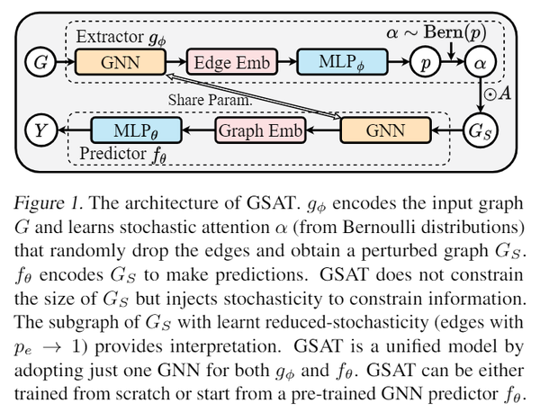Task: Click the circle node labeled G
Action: pos(39,63)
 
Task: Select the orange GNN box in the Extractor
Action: pos(120,63)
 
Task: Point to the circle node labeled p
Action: pos(421,63)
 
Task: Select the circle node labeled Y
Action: pos(39,131)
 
